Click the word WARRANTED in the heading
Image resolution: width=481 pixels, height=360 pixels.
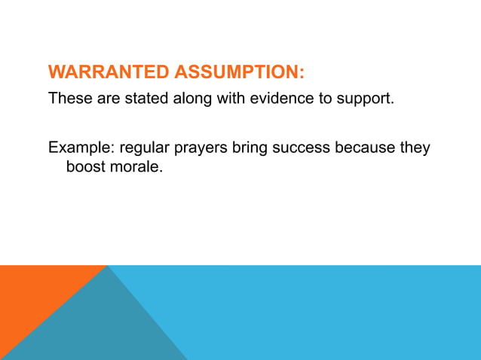tap(109, 72)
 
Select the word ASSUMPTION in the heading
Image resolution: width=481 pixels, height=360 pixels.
tap(237, 72)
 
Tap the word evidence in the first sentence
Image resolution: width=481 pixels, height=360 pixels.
tap(280, 99)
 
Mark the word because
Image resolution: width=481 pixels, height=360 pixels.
tap(366, 147)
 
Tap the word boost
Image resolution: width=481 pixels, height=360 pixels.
tap(86, 166)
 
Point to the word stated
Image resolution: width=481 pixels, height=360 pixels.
tap(135, 99)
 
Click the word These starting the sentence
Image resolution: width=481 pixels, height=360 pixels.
tap(69, 99)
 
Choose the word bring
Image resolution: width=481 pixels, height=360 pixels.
tap(252, 147)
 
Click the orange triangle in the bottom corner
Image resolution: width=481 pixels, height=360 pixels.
tap(30, 301)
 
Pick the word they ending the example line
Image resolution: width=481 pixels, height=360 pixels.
tap(415, 147)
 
